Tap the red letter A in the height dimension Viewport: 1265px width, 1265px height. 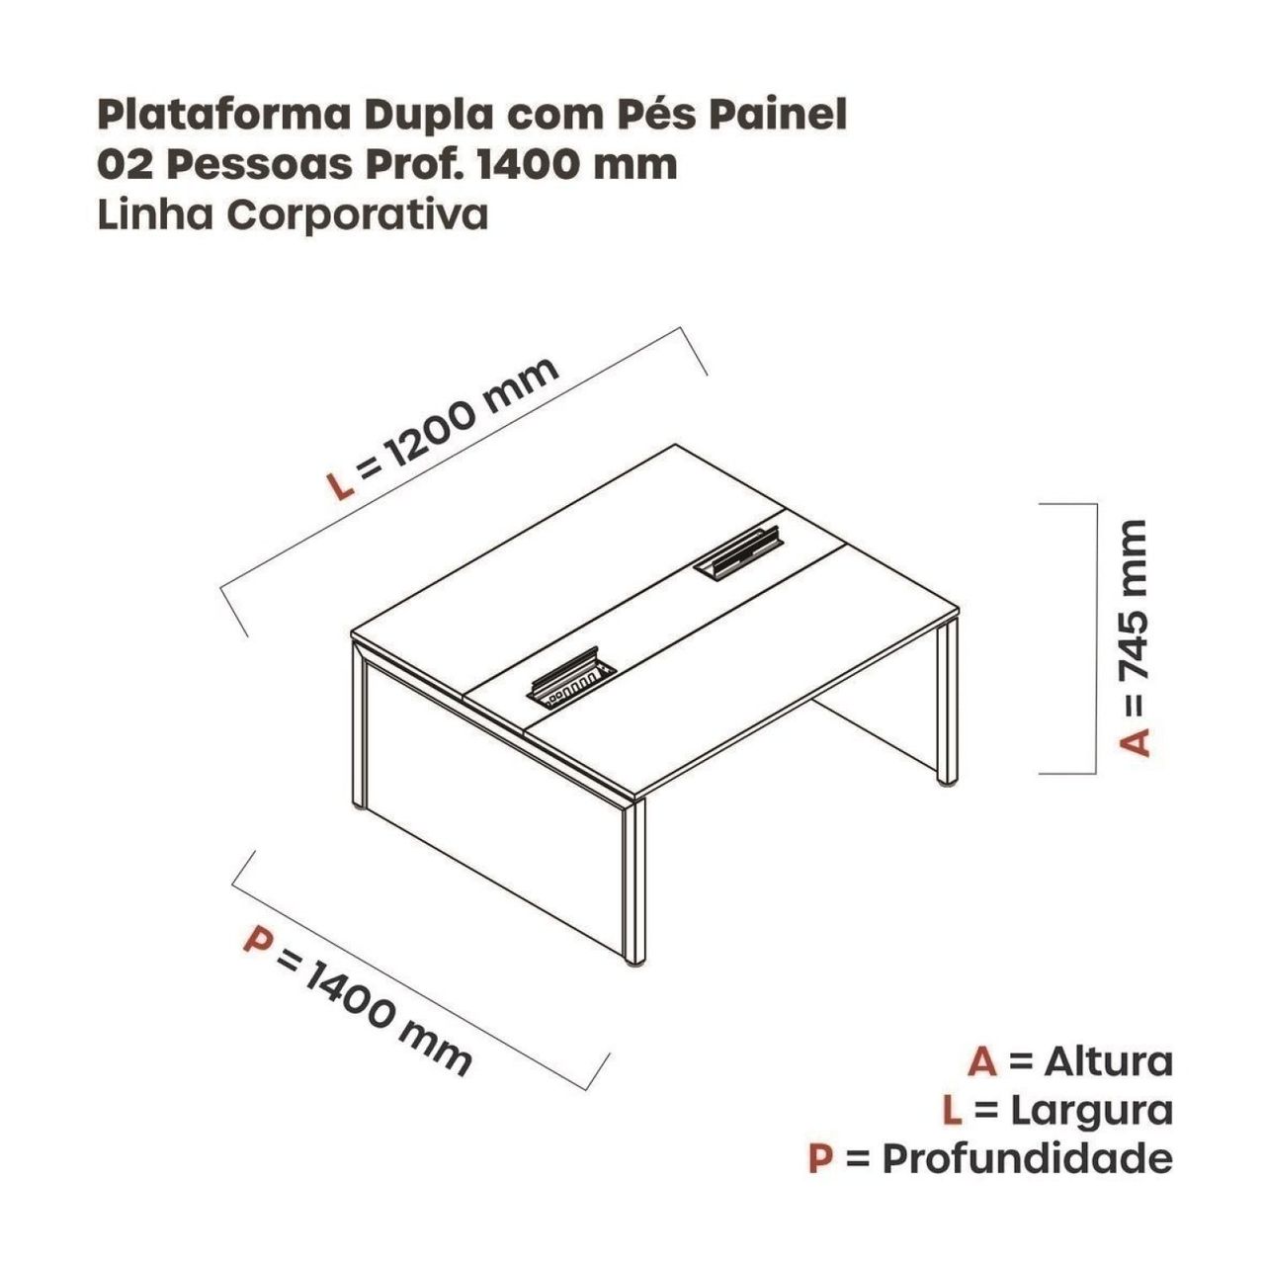tap(1136, 741)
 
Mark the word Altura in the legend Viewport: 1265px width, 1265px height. tap(1109, 1062)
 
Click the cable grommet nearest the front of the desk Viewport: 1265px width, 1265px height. tap(570, 683)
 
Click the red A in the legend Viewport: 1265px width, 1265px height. tap(982, 1062)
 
